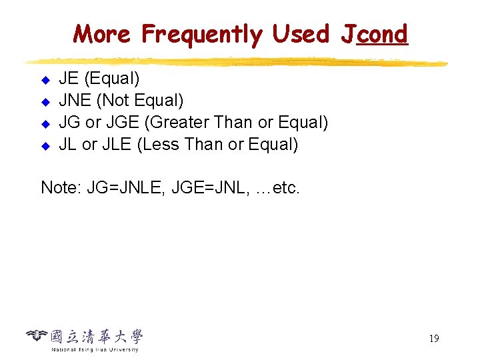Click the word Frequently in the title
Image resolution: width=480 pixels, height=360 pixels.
pyautogui.click(x=202, y=35)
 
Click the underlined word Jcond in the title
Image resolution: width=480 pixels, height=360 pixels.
pyautogui.click(x=374, y=33)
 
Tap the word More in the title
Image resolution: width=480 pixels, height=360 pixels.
pyautogui.click(x=102, y=33)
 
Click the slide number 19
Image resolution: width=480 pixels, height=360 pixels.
pyautogui.click(x=433, y=339)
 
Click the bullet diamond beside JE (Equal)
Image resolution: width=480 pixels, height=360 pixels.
pyautogui.click(x=46, y=81)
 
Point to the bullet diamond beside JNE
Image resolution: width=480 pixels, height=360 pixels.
pyautogui.click(x=46, y=103)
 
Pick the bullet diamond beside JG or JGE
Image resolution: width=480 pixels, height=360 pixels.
pyautogui.click(x=46, y=124)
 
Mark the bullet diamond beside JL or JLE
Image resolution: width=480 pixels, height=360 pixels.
pyautogui.click(x=46, y=145)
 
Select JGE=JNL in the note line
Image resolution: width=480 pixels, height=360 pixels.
pyautogui.click(x=210, y=188)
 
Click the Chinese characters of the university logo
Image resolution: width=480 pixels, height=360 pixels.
pyautogui.click(x=97, y=336)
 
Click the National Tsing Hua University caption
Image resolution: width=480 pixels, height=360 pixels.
pyautogui.click(x=95, y=349)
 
